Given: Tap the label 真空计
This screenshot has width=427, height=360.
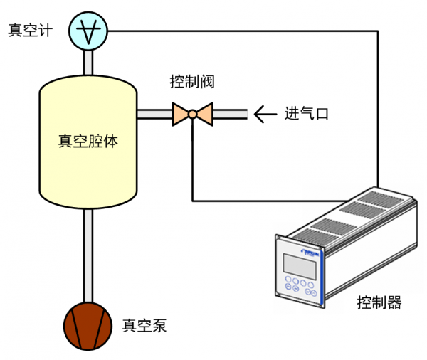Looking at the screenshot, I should coord(29,31).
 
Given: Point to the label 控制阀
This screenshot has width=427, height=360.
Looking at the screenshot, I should coord(192,82).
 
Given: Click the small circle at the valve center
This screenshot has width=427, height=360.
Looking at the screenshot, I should coord(192,113).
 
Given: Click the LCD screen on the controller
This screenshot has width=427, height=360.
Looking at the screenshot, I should coord(299,265).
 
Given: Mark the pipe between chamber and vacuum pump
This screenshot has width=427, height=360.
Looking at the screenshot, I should coord(88,256).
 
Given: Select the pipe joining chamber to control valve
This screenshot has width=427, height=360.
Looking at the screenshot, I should coord(153,113).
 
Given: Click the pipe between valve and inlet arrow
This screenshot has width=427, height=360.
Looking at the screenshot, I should coord(229,113).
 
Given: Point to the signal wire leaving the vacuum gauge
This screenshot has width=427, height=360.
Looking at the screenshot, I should coord(242,31).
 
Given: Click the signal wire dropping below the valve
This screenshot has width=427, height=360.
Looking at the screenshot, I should coord(193,164).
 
